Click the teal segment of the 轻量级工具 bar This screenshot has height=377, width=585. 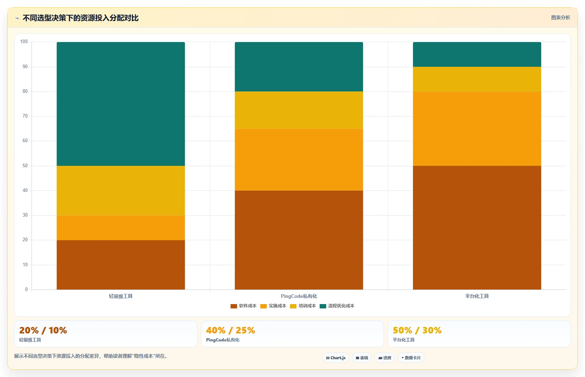(121, 104)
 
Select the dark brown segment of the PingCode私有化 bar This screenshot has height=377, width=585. (299, 240)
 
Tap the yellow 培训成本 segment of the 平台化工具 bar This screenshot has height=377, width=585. (477, 79)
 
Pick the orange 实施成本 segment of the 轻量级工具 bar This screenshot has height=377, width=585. (121, 228)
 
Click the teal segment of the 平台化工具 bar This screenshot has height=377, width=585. (477, 54)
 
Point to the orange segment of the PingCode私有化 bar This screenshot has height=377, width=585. (299, 160)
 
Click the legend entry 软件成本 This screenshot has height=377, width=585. (243, 306)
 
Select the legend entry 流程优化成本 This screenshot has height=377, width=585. (337, 306)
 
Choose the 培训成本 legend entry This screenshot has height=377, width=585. (303, 306)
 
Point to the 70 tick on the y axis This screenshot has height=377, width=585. (25, 116)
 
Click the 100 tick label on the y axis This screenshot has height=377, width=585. (24, 42)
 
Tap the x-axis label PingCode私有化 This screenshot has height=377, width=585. (299, 296)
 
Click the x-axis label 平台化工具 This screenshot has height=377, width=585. (477, 296)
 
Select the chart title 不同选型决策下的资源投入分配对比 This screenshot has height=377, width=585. (80, 18)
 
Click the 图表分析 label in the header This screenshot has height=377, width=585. (560, 17)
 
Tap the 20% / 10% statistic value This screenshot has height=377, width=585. (43, 330)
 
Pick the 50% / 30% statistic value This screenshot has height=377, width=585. (417, 330)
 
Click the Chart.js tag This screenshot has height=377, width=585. (335, 358)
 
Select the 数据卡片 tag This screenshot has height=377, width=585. (411, 358)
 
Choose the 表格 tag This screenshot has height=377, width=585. (362, 358)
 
